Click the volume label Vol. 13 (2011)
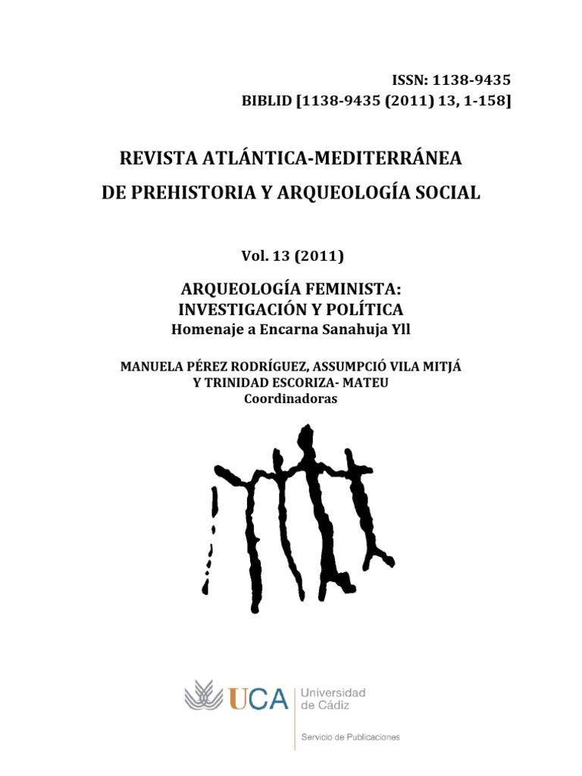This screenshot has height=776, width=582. (292, 256)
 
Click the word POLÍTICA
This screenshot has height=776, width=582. (365, 309)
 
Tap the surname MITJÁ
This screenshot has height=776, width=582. (440, 367)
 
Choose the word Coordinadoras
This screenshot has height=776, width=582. (291, 399)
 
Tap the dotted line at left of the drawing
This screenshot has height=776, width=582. (211, 538)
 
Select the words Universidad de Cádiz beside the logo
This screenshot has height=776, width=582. (333, 699)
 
